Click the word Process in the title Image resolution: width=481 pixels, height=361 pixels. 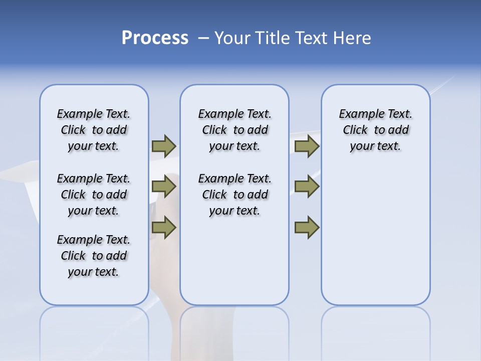pyautogui.click(x=155, y=38)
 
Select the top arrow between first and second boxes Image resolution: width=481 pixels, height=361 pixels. pyautogui.click(x=164, y=146)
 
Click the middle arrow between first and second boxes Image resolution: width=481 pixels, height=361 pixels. pyautogui.click(x=164, y=187)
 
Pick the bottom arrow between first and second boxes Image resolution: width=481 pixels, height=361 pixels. pyautogui.click(x=164, y=228)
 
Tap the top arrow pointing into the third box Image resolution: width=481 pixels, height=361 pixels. pyautogui.click(x=307, y=146)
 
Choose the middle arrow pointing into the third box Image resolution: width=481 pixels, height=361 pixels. pyautogui.click(x=307, y=187)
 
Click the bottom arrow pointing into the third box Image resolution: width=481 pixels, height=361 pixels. pyautogui.click(x=307, y=228)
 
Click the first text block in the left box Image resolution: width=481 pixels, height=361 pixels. pyautogui.click(x=94, y=130)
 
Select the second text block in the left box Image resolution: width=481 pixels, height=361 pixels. pyautogui.click(x=94, y=195)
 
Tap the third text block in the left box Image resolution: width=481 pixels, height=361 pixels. pyautogui.click(x=94, y=256)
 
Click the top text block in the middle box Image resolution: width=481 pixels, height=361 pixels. pyautogui.click(x=234, y=130)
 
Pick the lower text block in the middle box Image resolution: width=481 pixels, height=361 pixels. pyautogui.click(x=234, y=195)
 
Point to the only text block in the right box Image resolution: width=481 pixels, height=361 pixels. pyautogui.click(x=375, y=130)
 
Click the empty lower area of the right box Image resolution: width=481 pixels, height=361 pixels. pyautogui.click(x=375, y=231)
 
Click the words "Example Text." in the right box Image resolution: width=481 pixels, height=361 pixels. pyautogui.click(x=375, y=114)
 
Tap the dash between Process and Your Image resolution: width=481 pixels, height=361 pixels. pyautogui.click(x=203, y=38)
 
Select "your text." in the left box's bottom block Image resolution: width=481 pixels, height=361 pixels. pyautogui.click(x=94, y=272)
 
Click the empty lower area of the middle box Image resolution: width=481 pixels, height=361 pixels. pyautogui.click(x=234, y=261)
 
